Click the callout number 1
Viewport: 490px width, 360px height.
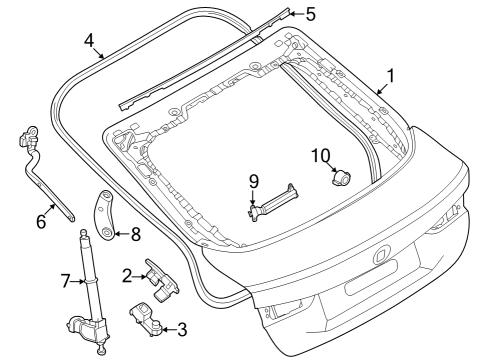pos(390,74)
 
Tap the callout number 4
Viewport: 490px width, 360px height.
pos(89,41)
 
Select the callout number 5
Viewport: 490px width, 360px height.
pos(310,14)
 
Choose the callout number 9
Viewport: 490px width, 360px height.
pos(254,180)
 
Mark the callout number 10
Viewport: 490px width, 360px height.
pos(320,155)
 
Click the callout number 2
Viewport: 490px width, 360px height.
pos(127,274)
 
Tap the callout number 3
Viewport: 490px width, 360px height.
pos(182,328)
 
